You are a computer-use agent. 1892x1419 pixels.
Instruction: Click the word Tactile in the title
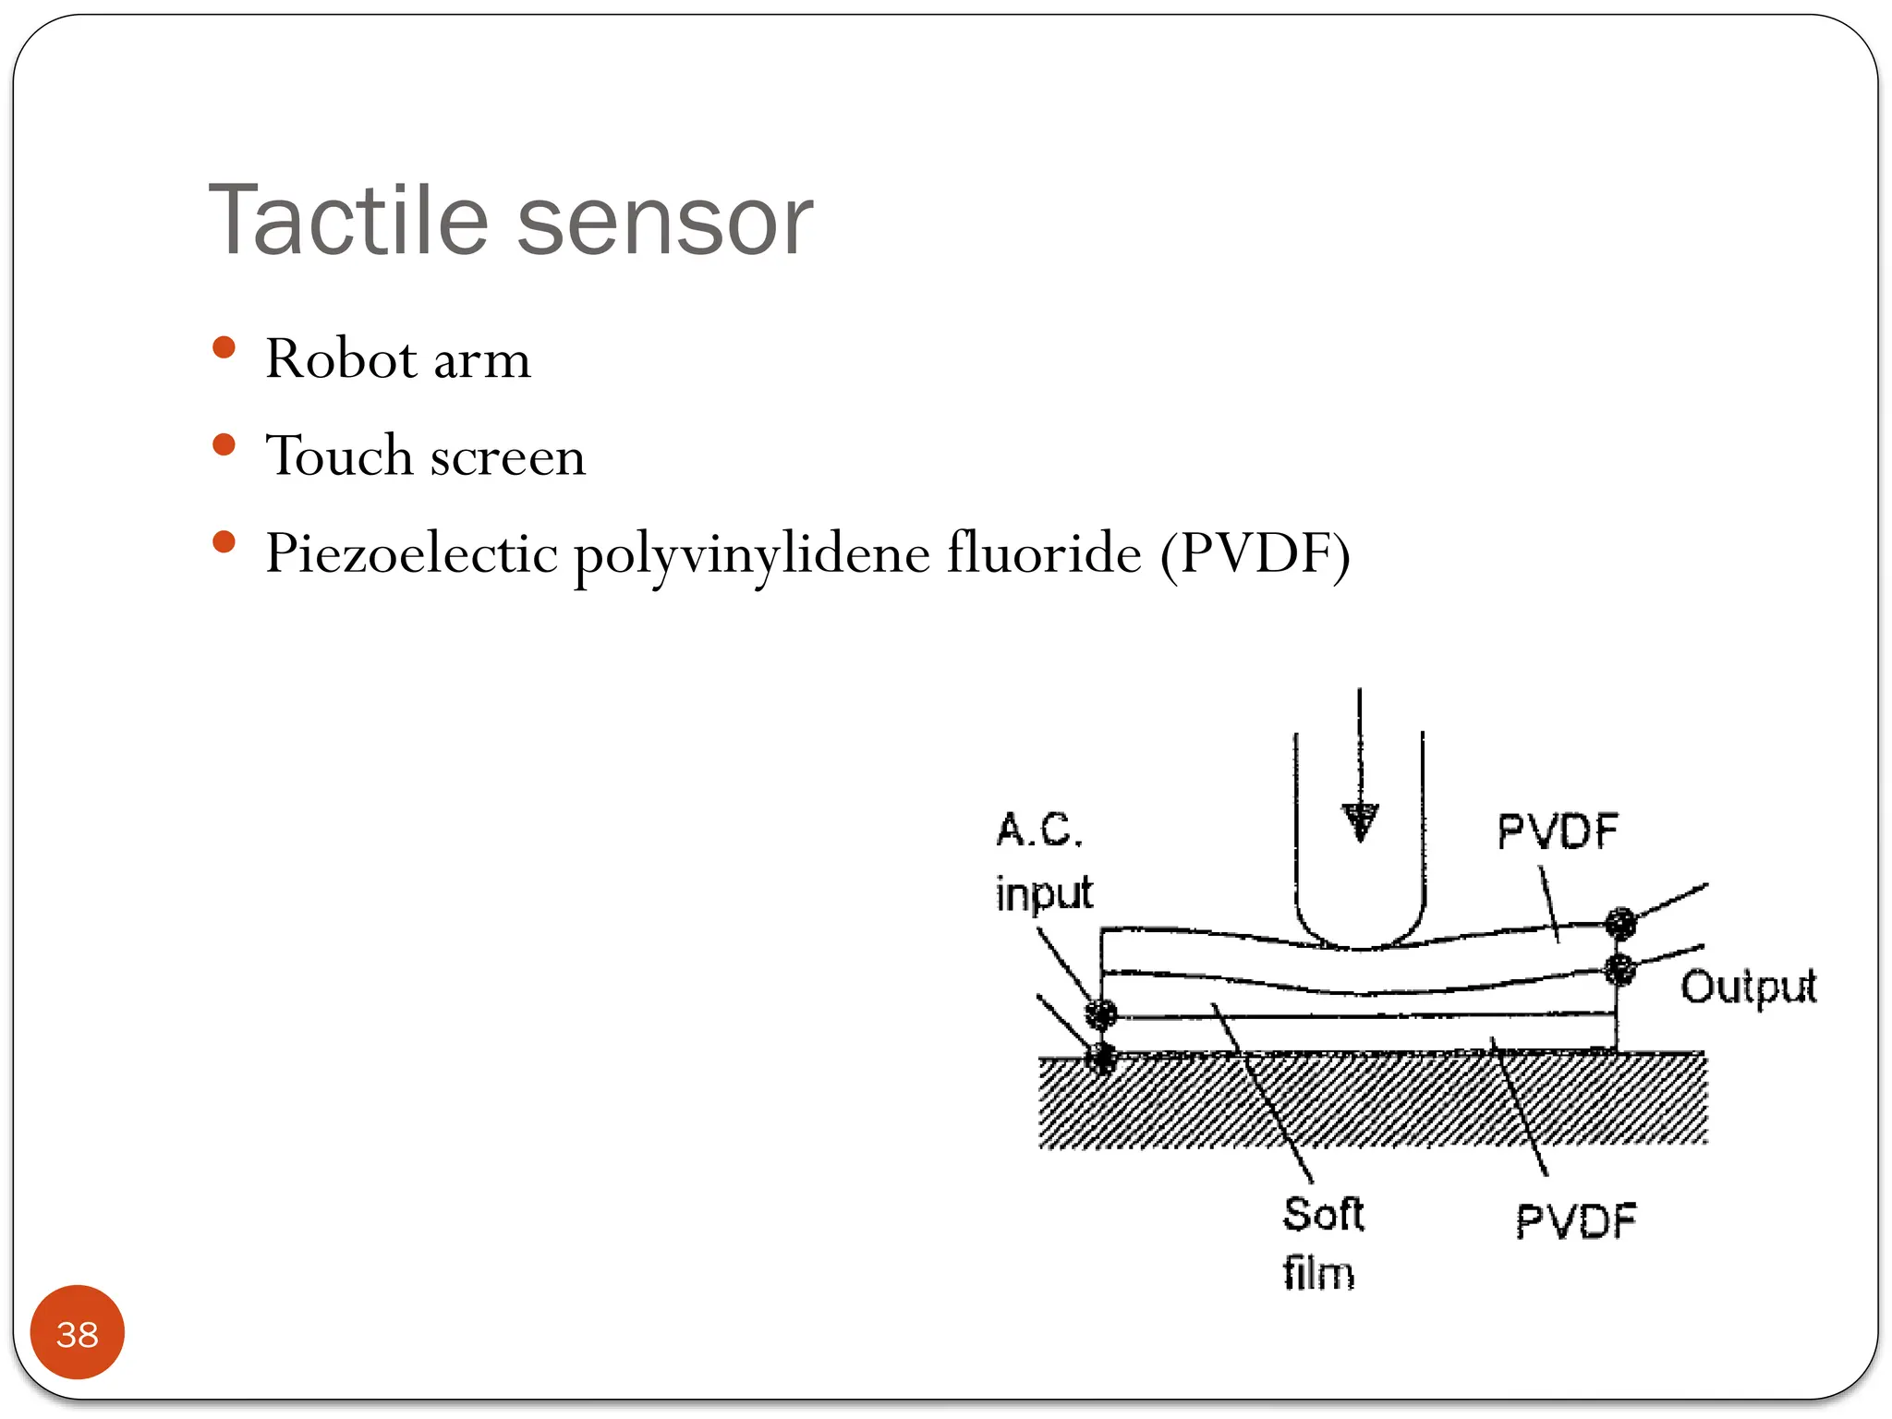(x=347, y=221)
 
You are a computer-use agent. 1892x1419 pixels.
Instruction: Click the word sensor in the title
(x=664, y=223)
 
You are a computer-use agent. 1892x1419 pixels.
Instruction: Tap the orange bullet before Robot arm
(x=224, y=348)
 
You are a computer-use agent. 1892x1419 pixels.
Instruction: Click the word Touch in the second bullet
(x=338, y=455)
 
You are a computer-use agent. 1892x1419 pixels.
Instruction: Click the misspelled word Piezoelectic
(x=411, y=554)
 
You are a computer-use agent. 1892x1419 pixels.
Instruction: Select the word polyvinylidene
(x=751, y=554)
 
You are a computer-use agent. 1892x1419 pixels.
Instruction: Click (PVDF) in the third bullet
(x=1255, y=554)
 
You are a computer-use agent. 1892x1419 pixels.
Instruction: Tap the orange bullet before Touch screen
(x=224, y=445)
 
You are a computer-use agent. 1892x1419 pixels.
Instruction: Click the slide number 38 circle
(x=78, y=1332)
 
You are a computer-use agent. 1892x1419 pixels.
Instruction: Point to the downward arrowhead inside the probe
(x=1359, y=821)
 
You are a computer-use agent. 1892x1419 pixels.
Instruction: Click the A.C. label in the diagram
(x=1039, y=830)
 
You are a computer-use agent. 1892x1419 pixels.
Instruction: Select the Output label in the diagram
(x=1748, y=987)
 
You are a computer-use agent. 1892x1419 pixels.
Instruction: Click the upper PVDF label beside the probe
(x=1558, y=831)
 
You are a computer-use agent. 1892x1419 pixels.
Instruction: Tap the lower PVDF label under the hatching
(x=1576, y=1221)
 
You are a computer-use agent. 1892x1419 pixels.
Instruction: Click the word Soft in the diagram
(x=1323, y=1214)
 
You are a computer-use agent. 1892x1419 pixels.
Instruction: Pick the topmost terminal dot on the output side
(x=1620, y=922)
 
